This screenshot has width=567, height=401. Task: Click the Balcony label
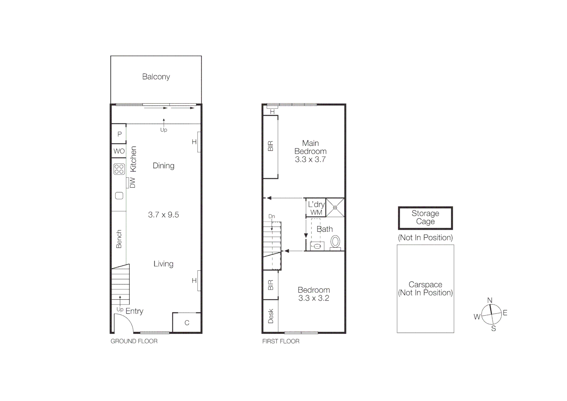[156, 77]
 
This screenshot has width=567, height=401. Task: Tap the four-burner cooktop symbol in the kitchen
[119, 169]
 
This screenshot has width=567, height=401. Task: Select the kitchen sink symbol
[119, 196]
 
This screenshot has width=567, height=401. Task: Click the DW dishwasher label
[132, 183]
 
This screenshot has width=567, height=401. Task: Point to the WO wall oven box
[119, 151]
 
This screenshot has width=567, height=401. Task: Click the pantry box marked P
[119, 134]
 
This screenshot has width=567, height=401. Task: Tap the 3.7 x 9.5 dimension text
[163, 215]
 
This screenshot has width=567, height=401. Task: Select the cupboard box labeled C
[187, 323]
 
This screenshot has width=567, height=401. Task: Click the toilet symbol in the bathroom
[335, 242]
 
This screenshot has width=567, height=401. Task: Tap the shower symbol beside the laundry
[335, 208]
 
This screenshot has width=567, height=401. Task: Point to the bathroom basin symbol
[317, 246]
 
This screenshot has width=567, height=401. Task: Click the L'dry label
[316, 204]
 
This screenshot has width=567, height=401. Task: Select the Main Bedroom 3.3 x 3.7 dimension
[310, 160]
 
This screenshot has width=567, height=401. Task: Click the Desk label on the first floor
[270, 316]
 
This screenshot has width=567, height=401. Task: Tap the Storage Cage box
[425, 218]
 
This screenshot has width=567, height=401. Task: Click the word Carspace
[425, 284]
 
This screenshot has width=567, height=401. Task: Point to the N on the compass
[489, 300]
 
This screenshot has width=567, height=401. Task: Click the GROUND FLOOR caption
[134, 341]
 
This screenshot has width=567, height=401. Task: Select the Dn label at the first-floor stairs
[271, 216]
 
